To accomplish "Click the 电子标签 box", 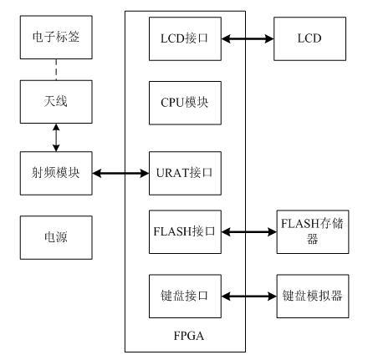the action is [56, 38].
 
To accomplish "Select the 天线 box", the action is [56, 102].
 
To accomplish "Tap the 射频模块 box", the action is [56, 173].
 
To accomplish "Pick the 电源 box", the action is [56, 237].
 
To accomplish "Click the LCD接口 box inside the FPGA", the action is [185, 38].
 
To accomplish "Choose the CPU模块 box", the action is [185, 103].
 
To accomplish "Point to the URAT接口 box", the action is [185, 173].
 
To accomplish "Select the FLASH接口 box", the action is [185, 232].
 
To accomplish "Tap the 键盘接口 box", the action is [185, 297].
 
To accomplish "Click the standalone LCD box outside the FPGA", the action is [309, 38].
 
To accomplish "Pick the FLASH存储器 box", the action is [313, 232].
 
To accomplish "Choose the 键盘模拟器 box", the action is [313, 297].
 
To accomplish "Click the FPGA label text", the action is [189, 336].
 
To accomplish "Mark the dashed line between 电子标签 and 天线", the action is [56, 69].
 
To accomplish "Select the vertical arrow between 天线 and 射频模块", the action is [56, 138].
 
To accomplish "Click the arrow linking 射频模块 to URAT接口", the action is [120, 174].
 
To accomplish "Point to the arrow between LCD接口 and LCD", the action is [248, 38].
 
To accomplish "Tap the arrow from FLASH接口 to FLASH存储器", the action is [249, 231].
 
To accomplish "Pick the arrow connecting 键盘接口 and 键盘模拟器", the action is [249, 296].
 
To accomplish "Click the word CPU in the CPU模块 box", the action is [171, 103].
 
